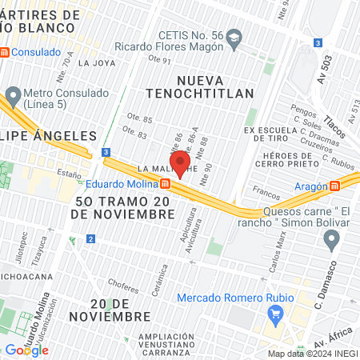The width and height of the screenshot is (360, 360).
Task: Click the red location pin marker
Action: (180, 162)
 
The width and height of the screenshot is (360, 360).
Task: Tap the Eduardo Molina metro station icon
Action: (164, 183)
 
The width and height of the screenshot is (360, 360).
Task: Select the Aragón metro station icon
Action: (334, 186)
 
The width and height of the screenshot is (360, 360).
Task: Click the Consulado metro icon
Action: (5, 52)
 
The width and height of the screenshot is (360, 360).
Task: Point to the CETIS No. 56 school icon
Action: (234, 37)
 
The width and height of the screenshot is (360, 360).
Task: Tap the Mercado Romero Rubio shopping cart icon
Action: (277, 314)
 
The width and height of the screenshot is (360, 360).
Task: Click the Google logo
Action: (26, 350)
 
